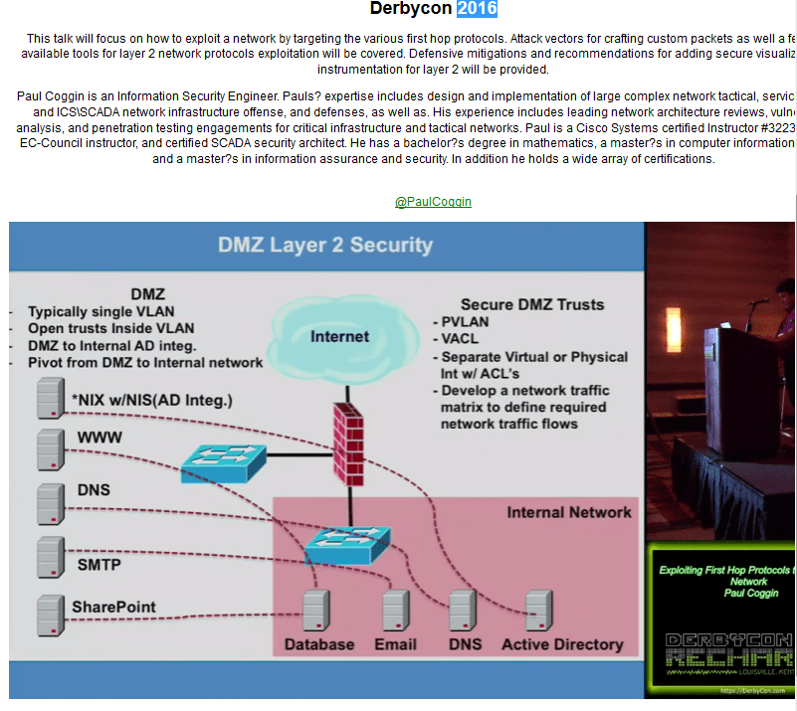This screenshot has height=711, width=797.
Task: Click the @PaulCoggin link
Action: (x=433, y=202)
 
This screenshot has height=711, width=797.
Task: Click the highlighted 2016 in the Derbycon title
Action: (x=477, y=9)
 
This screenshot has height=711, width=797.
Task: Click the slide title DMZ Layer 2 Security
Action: (x=325, y=245)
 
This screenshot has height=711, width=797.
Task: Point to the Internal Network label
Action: (x=568, y=512)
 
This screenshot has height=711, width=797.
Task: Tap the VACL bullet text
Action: (x=461, y=339)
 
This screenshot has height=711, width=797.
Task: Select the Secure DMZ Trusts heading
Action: (x=532, y=304)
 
